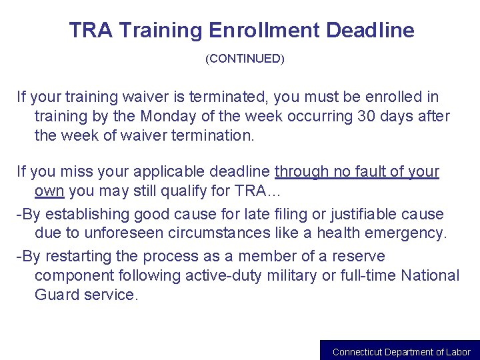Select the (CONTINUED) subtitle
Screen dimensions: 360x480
click(245, 59)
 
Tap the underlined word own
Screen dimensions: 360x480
click(49, 191)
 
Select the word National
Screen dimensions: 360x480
click(430, 275)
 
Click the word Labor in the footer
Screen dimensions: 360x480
click(459, 352)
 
